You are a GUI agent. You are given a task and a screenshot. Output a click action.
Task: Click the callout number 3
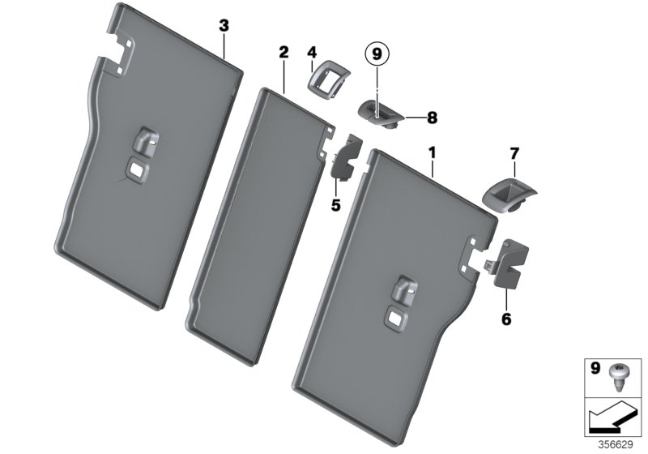tap(224, 26)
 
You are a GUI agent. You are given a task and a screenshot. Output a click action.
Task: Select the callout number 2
tap(283, 52)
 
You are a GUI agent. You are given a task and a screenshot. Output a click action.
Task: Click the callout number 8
tap(432, 118)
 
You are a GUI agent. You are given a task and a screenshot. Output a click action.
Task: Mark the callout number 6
tap(506, 319)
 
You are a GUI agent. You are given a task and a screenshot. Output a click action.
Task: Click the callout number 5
tap(335, 205)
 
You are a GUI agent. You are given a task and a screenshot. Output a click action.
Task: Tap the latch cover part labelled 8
tap(379, 112)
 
